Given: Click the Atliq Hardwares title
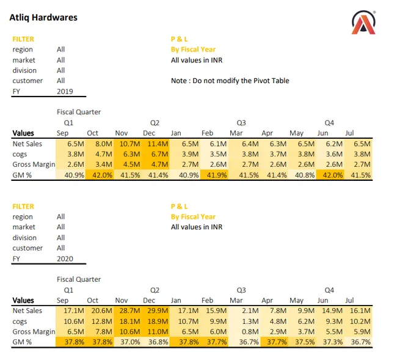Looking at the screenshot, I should pyautogui.click(x=43, y=18).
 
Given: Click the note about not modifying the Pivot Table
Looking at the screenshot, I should pyautogui.click(x=230, y=81).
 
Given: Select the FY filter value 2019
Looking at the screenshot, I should pyautogui.click(x=65, y=91).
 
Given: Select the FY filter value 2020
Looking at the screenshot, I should pyautogui.click(x=65, y=259).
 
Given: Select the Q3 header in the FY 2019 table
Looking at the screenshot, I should pyautogui.click(x=241, y=123).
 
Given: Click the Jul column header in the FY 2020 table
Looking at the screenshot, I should pyautogui.click(x=349, y=300).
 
